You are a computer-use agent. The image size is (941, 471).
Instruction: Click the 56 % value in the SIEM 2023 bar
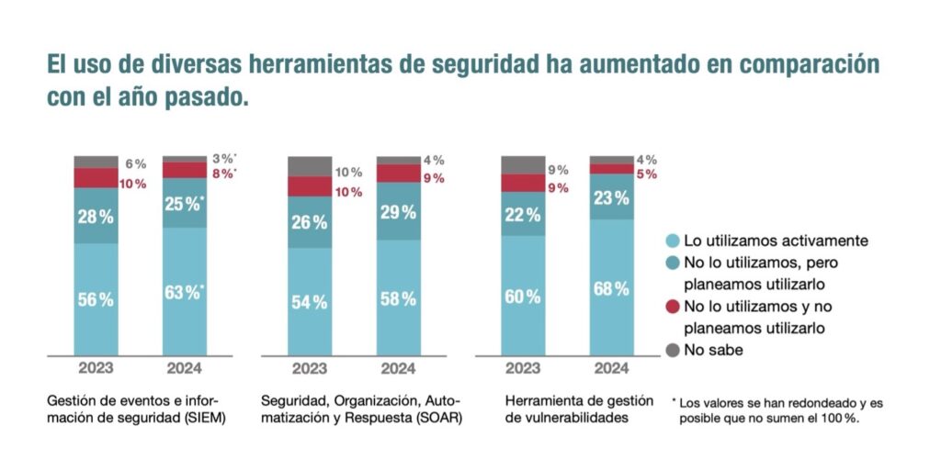click(96, 300)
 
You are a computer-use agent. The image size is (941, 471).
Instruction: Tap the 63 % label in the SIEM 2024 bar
click(184, 294)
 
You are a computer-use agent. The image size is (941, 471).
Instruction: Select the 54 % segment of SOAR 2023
click(309, 303)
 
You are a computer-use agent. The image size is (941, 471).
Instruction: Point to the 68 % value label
click(611, 289)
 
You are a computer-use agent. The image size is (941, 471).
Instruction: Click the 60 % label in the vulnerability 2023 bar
click(523, 296)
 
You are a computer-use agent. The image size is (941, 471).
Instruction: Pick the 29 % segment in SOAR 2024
click(398, 212)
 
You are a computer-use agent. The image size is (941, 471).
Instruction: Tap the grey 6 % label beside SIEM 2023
click(135, 163)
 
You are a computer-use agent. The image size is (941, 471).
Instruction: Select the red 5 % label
click(645, 174)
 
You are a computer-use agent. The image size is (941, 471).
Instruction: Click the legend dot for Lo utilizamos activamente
click(672, 241)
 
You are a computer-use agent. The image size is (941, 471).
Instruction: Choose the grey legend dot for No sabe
click(672, 350)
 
